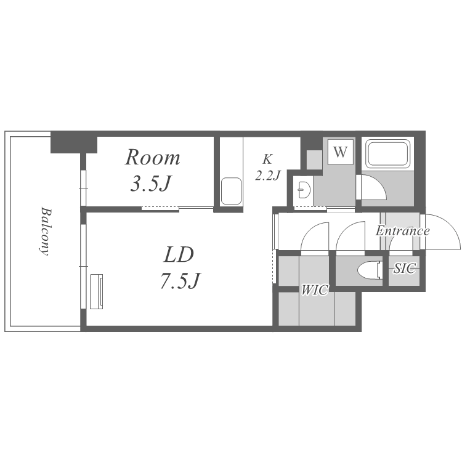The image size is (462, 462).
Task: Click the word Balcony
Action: (x=44, y=231)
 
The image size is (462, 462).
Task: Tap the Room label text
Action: (x=152, y=158)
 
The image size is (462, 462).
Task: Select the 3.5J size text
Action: (x=150, y=184)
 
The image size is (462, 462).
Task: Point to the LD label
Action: (x=179, y=254)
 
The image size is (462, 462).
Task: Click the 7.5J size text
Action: (x=180, y=280)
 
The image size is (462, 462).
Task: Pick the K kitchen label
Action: (x=267, y=160)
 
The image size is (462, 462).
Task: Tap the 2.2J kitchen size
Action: (x=267, y=176)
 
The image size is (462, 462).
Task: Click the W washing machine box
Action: (x=341, y=152)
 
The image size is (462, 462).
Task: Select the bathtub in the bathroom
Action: (x=387, y=153)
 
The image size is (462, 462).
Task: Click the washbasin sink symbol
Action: (x=303, y=190)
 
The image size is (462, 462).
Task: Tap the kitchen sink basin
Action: (x=231, y=191)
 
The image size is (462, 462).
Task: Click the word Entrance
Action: (x=402, y=231)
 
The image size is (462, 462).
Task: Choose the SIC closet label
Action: (x=405, y=268)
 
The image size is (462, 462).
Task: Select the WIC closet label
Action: (x=314, y=290)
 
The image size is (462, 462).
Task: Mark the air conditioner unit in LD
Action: (x=97, y=291)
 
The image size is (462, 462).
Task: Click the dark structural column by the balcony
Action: (x=74, y=142)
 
